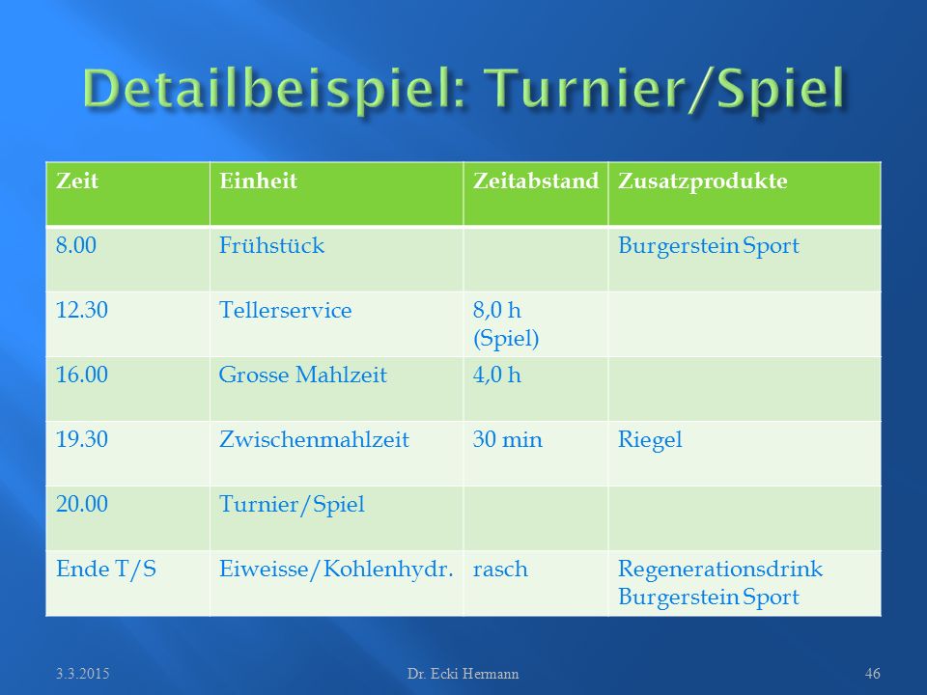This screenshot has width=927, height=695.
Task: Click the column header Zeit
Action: tap(77, 181)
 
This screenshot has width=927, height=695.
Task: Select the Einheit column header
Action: tap(258, 181)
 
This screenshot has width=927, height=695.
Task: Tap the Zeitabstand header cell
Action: tap(536, 181)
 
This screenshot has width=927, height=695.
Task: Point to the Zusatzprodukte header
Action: tap(702, 181)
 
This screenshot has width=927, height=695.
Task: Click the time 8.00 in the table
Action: tap(76, 245)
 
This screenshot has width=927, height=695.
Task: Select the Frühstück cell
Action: tap(271, 245)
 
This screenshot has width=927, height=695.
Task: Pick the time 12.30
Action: tap(82, 310)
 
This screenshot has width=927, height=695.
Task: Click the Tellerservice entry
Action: tap(285, 310)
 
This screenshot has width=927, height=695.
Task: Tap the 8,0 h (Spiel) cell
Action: tap(506, 324)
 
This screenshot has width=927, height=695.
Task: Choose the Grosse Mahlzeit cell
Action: tap(302, 375)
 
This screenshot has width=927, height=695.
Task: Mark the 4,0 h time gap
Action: tap(496, 375)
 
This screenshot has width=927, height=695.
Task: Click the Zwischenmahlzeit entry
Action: tap(314, 439)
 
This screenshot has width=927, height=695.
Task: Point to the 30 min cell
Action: tap(507, 439)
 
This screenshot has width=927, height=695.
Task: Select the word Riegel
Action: tap(650, 440)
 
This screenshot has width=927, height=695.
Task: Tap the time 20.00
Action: tap(82, 504)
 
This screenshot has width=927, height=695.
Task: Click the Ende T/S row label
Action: tap(106, 569)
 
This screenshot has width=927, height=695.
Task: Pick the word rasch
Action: tap(500, 570)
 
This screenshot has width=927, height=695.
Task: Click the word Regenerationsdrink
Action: tap(720, 570)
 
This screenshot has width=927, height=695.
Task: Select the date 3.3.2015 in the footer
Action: tap(83, 674)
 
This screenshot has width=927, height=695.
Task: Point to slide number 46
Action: tap(873, 674)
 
